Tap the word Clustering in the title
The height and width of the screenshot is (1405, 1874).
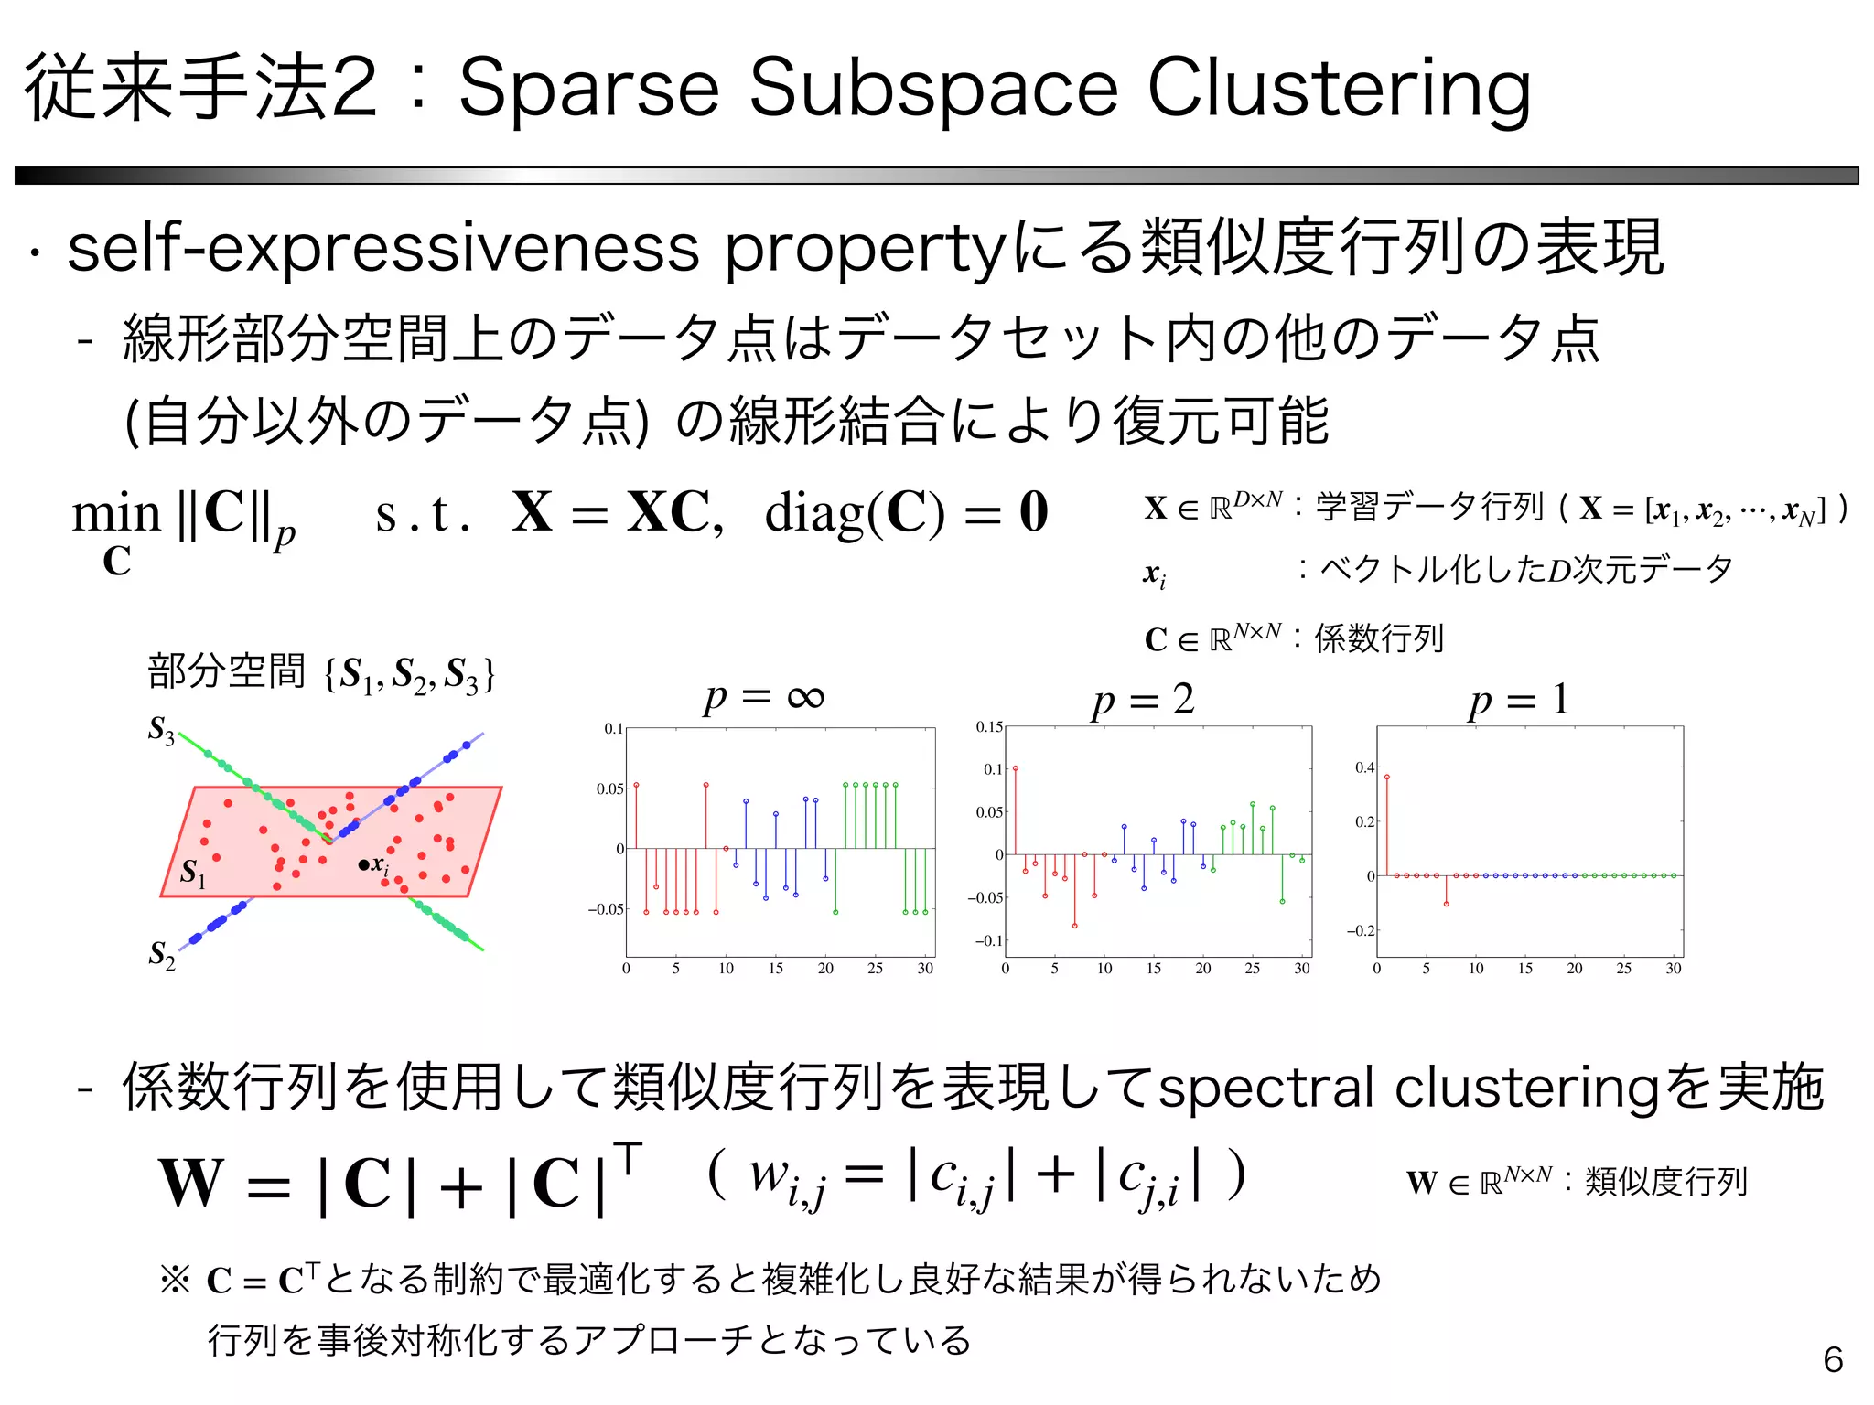pyautogui.click(x=1338, y=89)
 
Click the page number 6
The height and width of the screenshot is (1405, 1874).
pyautogui.click(x=1833, y=1360)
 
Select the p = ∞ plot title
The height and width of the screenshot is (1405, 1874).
pyautogui.click(x=763, y=698)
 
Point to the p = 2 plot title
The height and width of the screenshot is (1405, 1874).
pyautogui.click(x=1143, y=700)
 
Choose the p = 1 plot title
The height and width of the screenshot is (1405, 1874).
pyautogui.click(x=1519, y=701)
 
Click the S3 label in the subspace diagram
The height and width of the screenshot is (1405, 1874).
pyautogui.click(x=161, y=730)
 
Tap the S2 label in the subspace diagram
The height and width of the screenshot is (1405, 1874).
pyautogui.click(x=161, y=955)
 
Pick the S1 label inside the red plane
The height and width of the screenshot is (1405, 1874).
pyautogui.click(x=192, y=872)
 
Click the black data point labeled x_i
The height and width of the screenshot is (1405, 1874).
pyautogui.click(x=364, y=864)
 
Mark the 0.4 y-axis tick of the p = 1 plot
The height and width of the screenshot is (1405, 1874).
pyautogui.click(x=1364, y=767)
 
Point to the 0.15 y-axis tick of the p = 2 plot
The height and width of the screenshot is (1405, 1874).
pyautogui.click(x=988, y=727)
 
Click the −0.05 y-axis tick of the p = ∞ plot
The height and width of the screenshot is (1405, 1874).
pyautogui.click(x=606, y=909)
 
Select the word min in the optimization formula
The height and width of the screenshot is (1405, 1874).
pyautogui.click(x=116, y=513)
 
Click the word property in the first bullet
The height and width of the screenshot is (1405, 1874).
pyautogui.click(x=865, y=250)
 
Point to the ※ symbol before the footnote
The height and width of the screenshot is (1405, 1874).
pyautogui.click(x=175, y=1279)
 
